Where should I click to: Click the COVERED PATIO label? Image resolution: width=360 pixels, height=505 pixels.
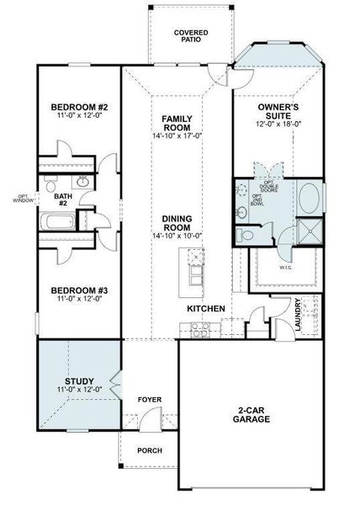(191, 36)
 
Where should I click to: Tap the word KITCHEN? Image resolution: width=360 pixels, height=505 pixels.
(205, 309)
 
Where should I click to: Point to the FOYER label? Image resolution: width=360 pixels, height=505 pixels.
(150, 399)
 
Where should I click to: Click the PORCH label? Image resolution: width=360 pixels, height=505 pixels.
(150, 450)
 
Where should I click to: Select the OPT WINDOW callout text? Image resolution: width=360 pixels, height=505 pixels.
(24, 199)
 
